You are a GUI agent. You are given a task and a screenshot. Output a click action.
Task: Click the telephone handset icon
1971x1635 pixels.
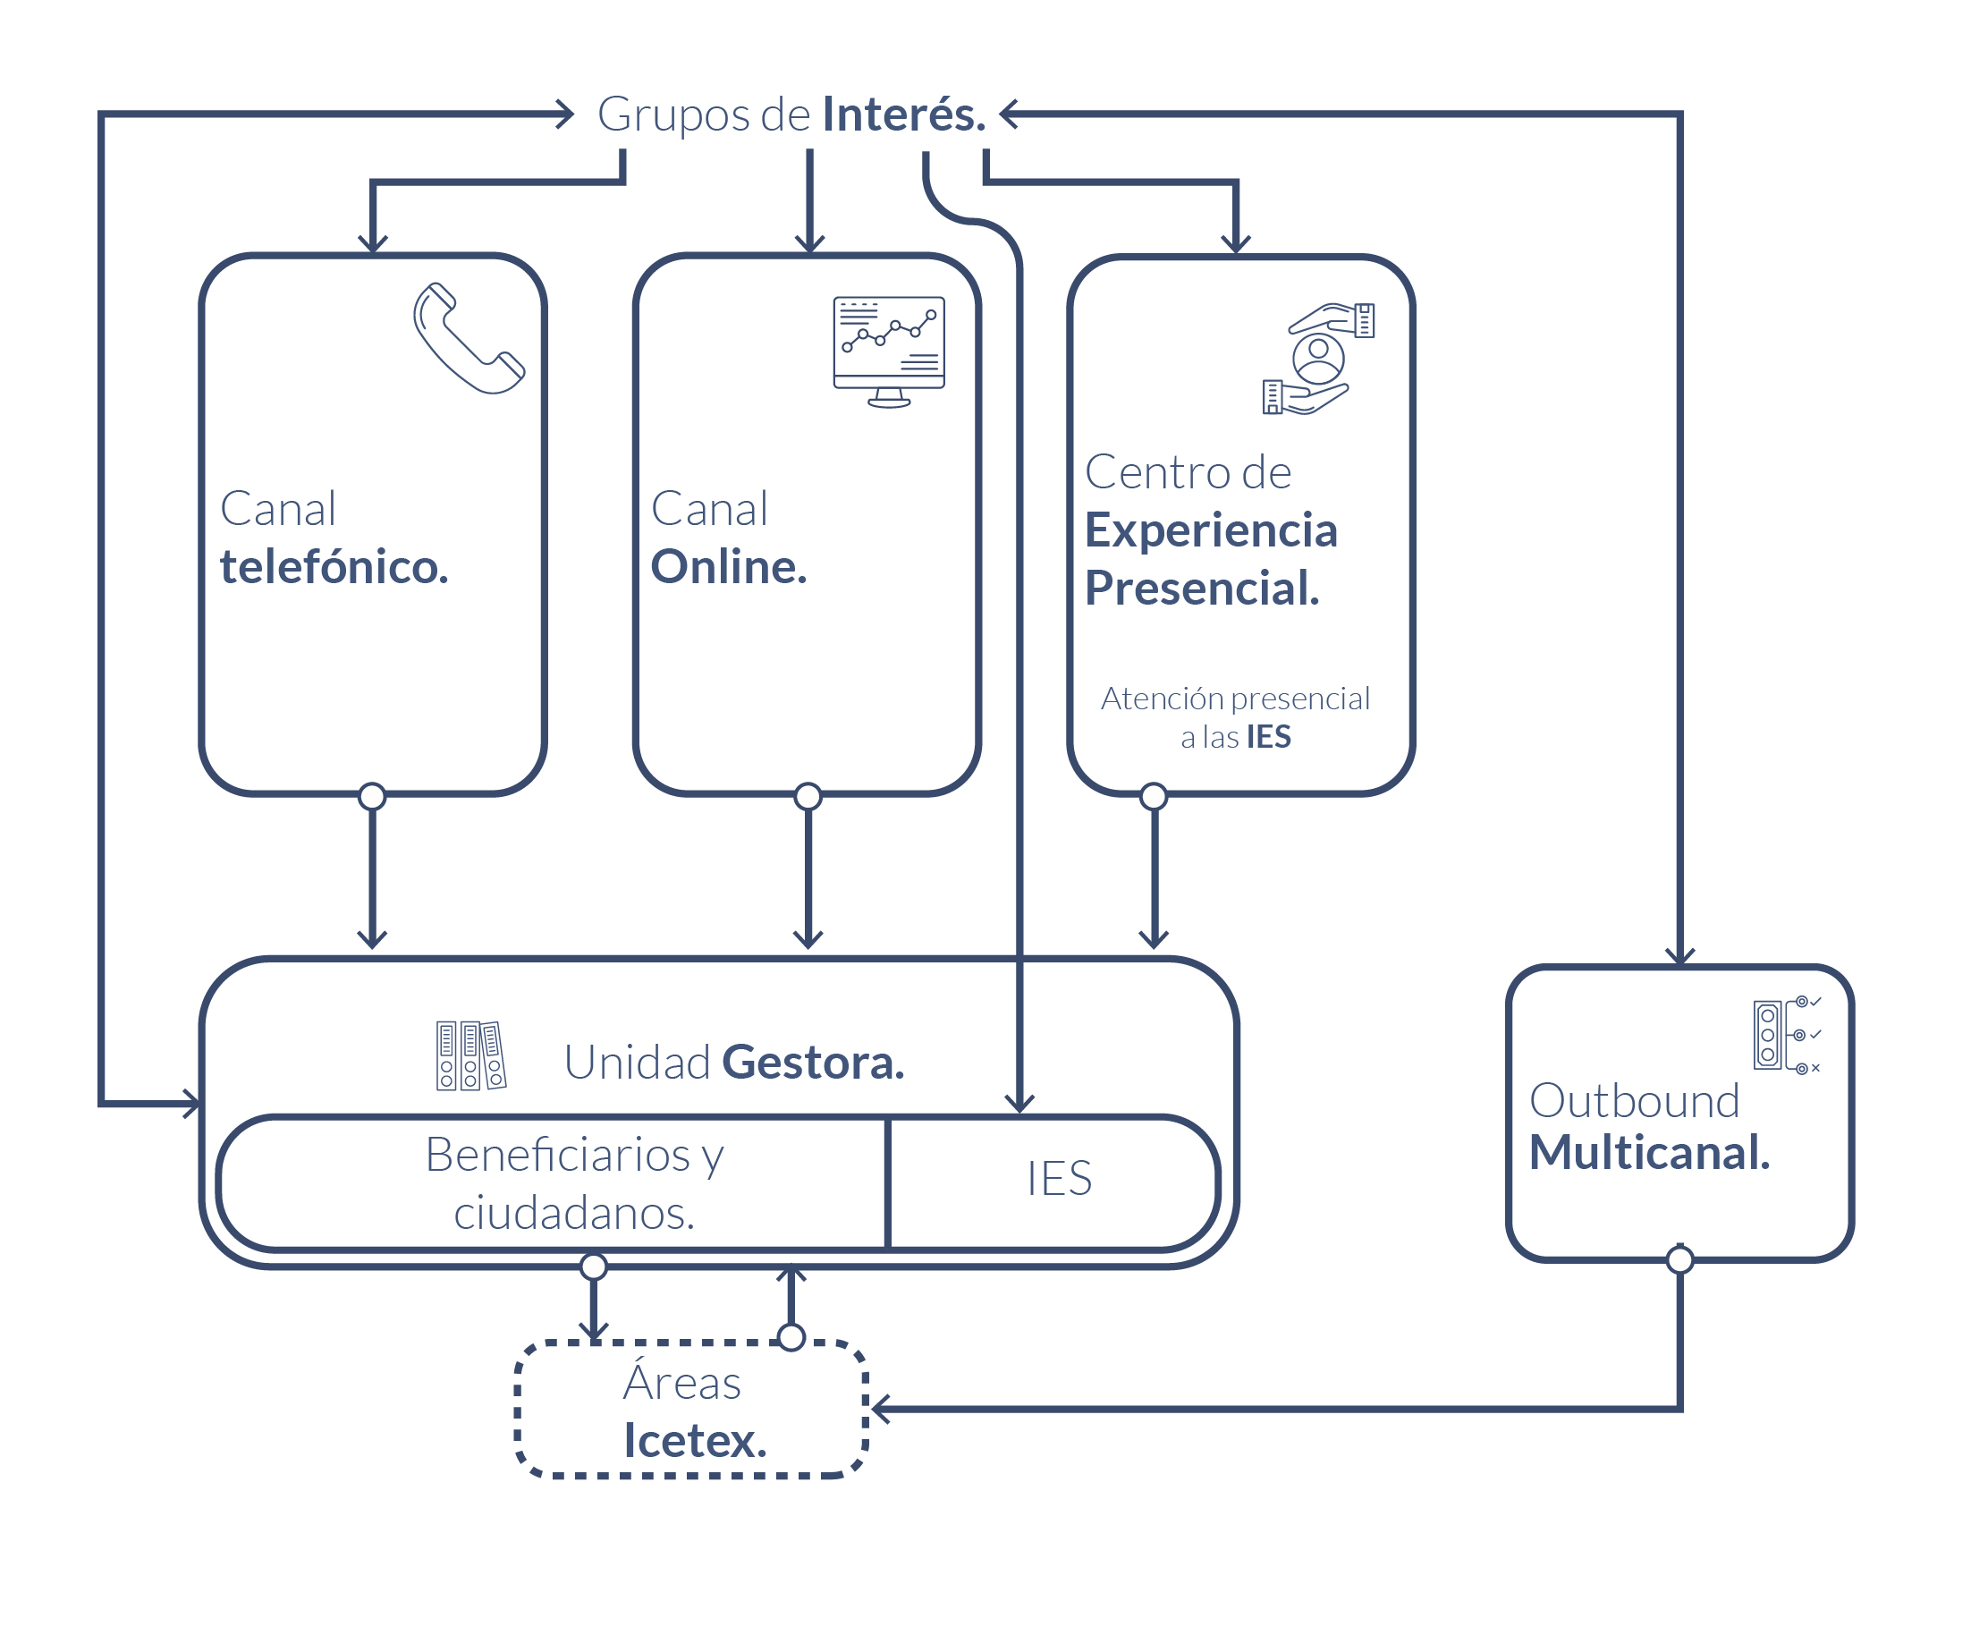(469, 339)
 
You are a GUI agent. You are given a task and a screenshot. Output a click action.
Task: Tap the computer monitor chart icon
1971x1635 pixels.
(889, 351)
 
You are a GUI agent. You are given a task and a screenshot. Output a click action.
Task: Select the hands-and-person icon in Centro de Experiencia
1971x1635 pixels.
(1319, 359)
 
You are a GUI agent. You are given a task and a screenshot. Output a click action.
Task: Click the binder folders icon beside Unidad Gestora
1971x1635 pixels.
(470, 1056)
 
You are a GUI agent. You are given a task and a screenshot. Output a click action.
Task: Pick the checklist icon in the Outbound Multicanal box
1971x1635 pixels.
(1785, 1035)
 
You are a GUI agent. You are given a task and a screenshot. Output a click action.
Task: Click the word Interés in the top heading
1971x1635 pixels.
(903, 114)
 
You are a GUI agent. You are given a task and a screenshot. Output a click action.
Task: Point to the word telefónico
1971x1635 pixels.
(334, 567)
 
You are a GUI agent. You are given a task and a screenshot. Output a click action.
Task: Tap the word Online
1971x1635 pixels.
(728, 567)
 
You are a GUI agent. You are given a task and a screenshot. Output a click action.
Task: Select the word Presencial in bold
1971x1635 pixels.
(1201, 589)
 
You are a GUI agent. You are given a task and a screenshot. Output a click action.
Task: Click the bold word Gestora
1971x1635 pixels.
(813, 1063)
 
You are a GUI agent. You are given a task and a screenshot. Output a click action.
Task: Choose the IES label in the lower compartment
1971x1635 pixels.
(1059, 1179)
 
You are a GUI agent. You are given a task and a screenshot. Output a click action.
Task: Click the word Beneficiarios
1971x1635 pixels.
(557, 1155)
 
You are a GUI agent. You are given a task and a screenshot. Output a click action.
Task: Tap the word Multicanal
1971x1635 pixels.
(1649, 1153)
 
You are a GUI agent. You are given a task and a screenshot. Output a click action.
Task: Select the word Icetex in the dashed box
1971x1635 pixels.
(695, 1441)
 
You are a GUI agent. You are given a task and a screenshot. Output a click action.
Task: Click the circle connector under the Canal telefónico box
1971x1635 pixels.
(373, 797)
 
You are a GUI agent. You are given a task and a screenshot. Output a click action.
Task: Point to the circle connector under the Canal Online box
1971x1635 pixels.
(808, 797)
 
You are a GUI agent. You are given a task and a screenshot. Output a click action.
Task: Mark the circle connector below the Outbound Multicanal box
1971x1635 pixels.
(1680, 1259)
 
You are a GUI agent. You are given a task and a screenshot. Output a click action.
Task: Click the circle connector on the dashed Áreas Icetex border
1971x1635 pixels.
(791, 1337)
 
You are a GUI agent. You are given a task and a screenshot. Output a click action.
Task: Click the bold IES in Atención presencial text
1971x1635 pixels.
(1268, 738)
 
